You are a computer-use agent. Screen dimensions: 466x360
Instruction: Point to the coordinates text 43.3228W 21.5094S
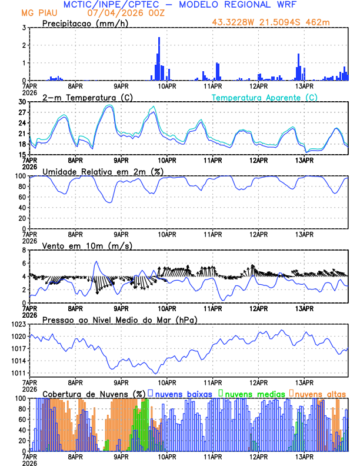264,23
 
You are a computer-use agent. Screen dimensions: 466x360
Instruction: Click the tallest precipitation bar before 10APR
159,59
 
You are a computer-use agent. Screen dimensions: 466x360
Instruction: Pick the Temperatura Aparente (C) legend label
265,97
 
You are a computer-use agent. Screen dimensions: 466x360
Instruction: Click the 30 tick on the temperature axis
23,102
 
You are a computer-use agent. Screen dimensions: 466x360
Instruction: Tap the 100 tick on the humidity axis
21,176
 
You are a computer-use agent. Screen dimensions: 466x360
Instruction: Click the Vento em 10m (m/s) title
87,245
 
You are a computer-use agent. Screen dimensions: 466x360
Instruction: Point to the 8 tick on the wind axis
24,250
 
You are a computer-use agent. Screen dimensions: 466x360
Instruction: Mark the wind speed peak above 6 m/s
96,262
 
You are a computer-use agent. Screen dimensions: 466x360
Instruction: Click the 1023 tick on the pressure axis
18,324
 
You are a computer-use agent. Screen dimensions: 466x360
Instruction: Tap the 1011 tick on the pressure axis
18,373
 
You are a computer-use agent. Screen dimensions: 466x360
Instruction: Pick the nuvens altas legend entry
321,393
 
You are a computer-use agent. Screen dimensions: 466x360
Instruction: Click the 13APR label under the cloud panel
304,457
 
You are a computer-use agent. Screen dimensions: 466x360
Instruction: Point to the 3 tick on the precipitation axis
24,28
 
